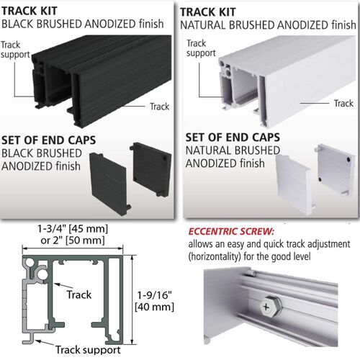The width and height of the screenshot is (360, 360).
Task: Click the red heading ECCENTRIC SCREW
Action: pos(235,232)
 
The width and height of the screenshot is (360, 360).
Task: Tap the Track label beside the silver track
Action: pos(343,104)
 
